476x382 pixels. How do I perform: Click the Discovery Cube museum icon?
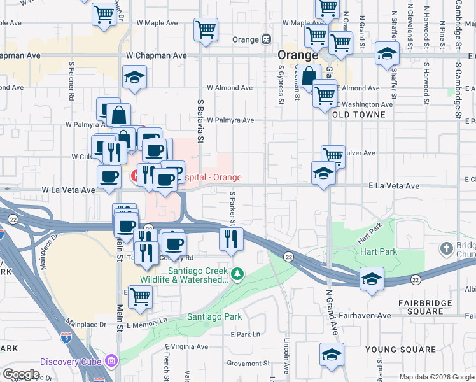coord(111,362)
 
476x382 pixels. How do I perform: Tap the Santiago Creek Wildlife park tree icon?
coord(237,274)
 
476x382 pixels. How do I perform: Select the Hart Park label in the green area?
coord(380,252)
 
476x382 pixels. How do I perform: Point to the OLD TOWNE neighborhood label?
coord(358,115)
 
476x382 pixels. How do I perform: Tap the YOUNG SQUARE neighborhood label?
coord(400,350)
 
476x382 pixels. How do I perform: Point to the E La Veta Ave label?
coord(394,186)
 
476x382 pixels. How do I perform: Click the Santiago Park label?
coord(214,316)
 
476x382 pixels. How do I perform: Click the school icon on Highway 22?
coord(372,279)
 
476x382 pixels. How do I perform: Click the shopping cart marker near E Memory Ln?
coord(140,297)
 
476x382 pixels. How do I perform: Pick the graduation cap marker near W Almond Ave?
coord(134,78)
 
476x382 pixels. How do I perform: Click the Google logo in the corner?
coord(21,374)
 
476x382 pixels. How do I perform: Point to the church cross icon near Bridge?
coord(447,247)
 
